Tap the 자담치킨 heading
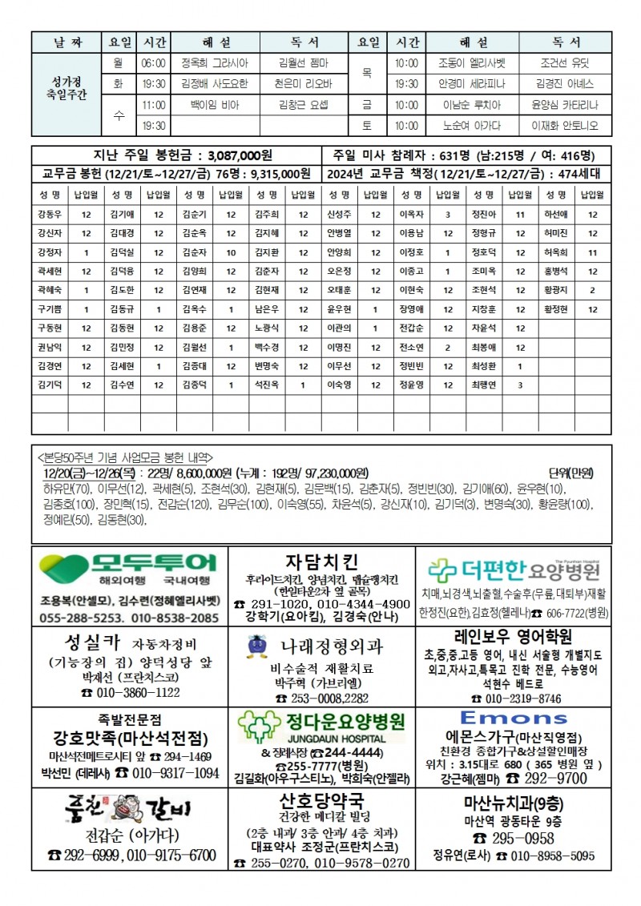point(321,560)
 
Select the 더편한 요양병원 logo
point(513,570)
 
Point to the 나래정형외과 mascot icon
point(256,646)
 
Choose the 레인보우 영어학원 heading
point(513,637)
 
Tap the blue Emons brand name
point(513,718)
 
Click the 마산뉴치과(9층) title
point(513,802)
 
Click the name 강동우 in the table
point(49,214)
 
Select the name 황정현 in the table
point(555,309)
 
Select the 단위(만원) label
point(571,473)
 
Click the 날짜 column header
point(67,41)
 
